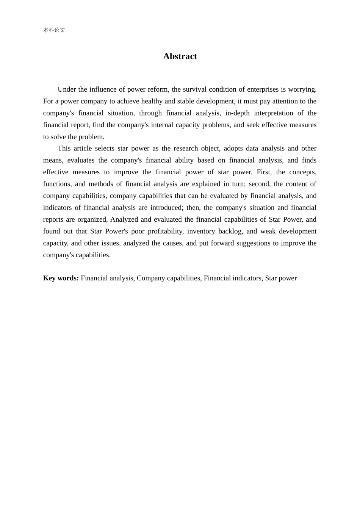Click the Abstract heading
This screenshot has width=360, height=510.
click(180, 56)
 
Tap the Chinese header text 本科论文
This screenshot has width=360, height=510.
click(54, 30)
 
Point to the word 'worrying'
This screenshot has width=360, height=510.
click(302, 89)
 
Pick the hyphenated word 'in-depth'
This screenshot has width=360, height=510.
click(238, 113)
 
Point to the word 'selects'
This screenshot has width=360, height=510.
click(105, 149)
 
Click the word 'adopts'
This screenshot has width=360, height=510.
click(233, 149)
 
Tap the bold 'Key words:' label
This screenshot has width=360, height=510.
click(61, 278)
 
